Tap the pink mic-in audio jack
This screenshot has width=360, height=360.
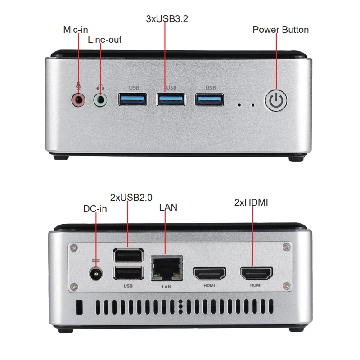(78, 99)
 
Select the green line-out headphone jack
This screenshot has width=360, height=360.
(100, 99)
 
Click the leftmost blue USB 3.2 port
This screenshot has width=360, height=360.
(132, 99)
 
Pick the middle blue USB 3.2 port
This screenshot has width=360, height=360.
(171, 99)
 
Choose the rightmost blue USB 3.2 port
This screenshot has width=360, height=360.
(209, 99)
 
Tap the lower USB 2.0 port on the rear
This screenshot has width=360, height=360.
(128, 273)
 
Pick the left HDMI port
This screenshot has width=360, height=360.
(209, 273)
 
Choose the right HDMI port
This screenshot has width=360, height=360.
(256, 273)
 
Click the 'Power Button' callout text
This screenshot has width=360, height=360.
(280, 30)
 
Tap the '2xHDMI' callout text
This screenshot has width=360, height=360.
(251, 202)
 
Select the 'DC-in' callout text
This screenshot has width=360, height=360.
(95, 209)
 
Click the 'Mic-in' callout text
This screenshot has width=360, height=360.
(76, 30)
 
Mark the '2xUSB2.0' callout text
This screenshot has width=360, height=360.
(131, 197)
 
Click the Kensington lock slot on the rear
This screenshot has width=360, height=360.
(80, 307)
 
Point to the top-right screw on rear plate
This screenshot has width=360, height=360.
(286, 247)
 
